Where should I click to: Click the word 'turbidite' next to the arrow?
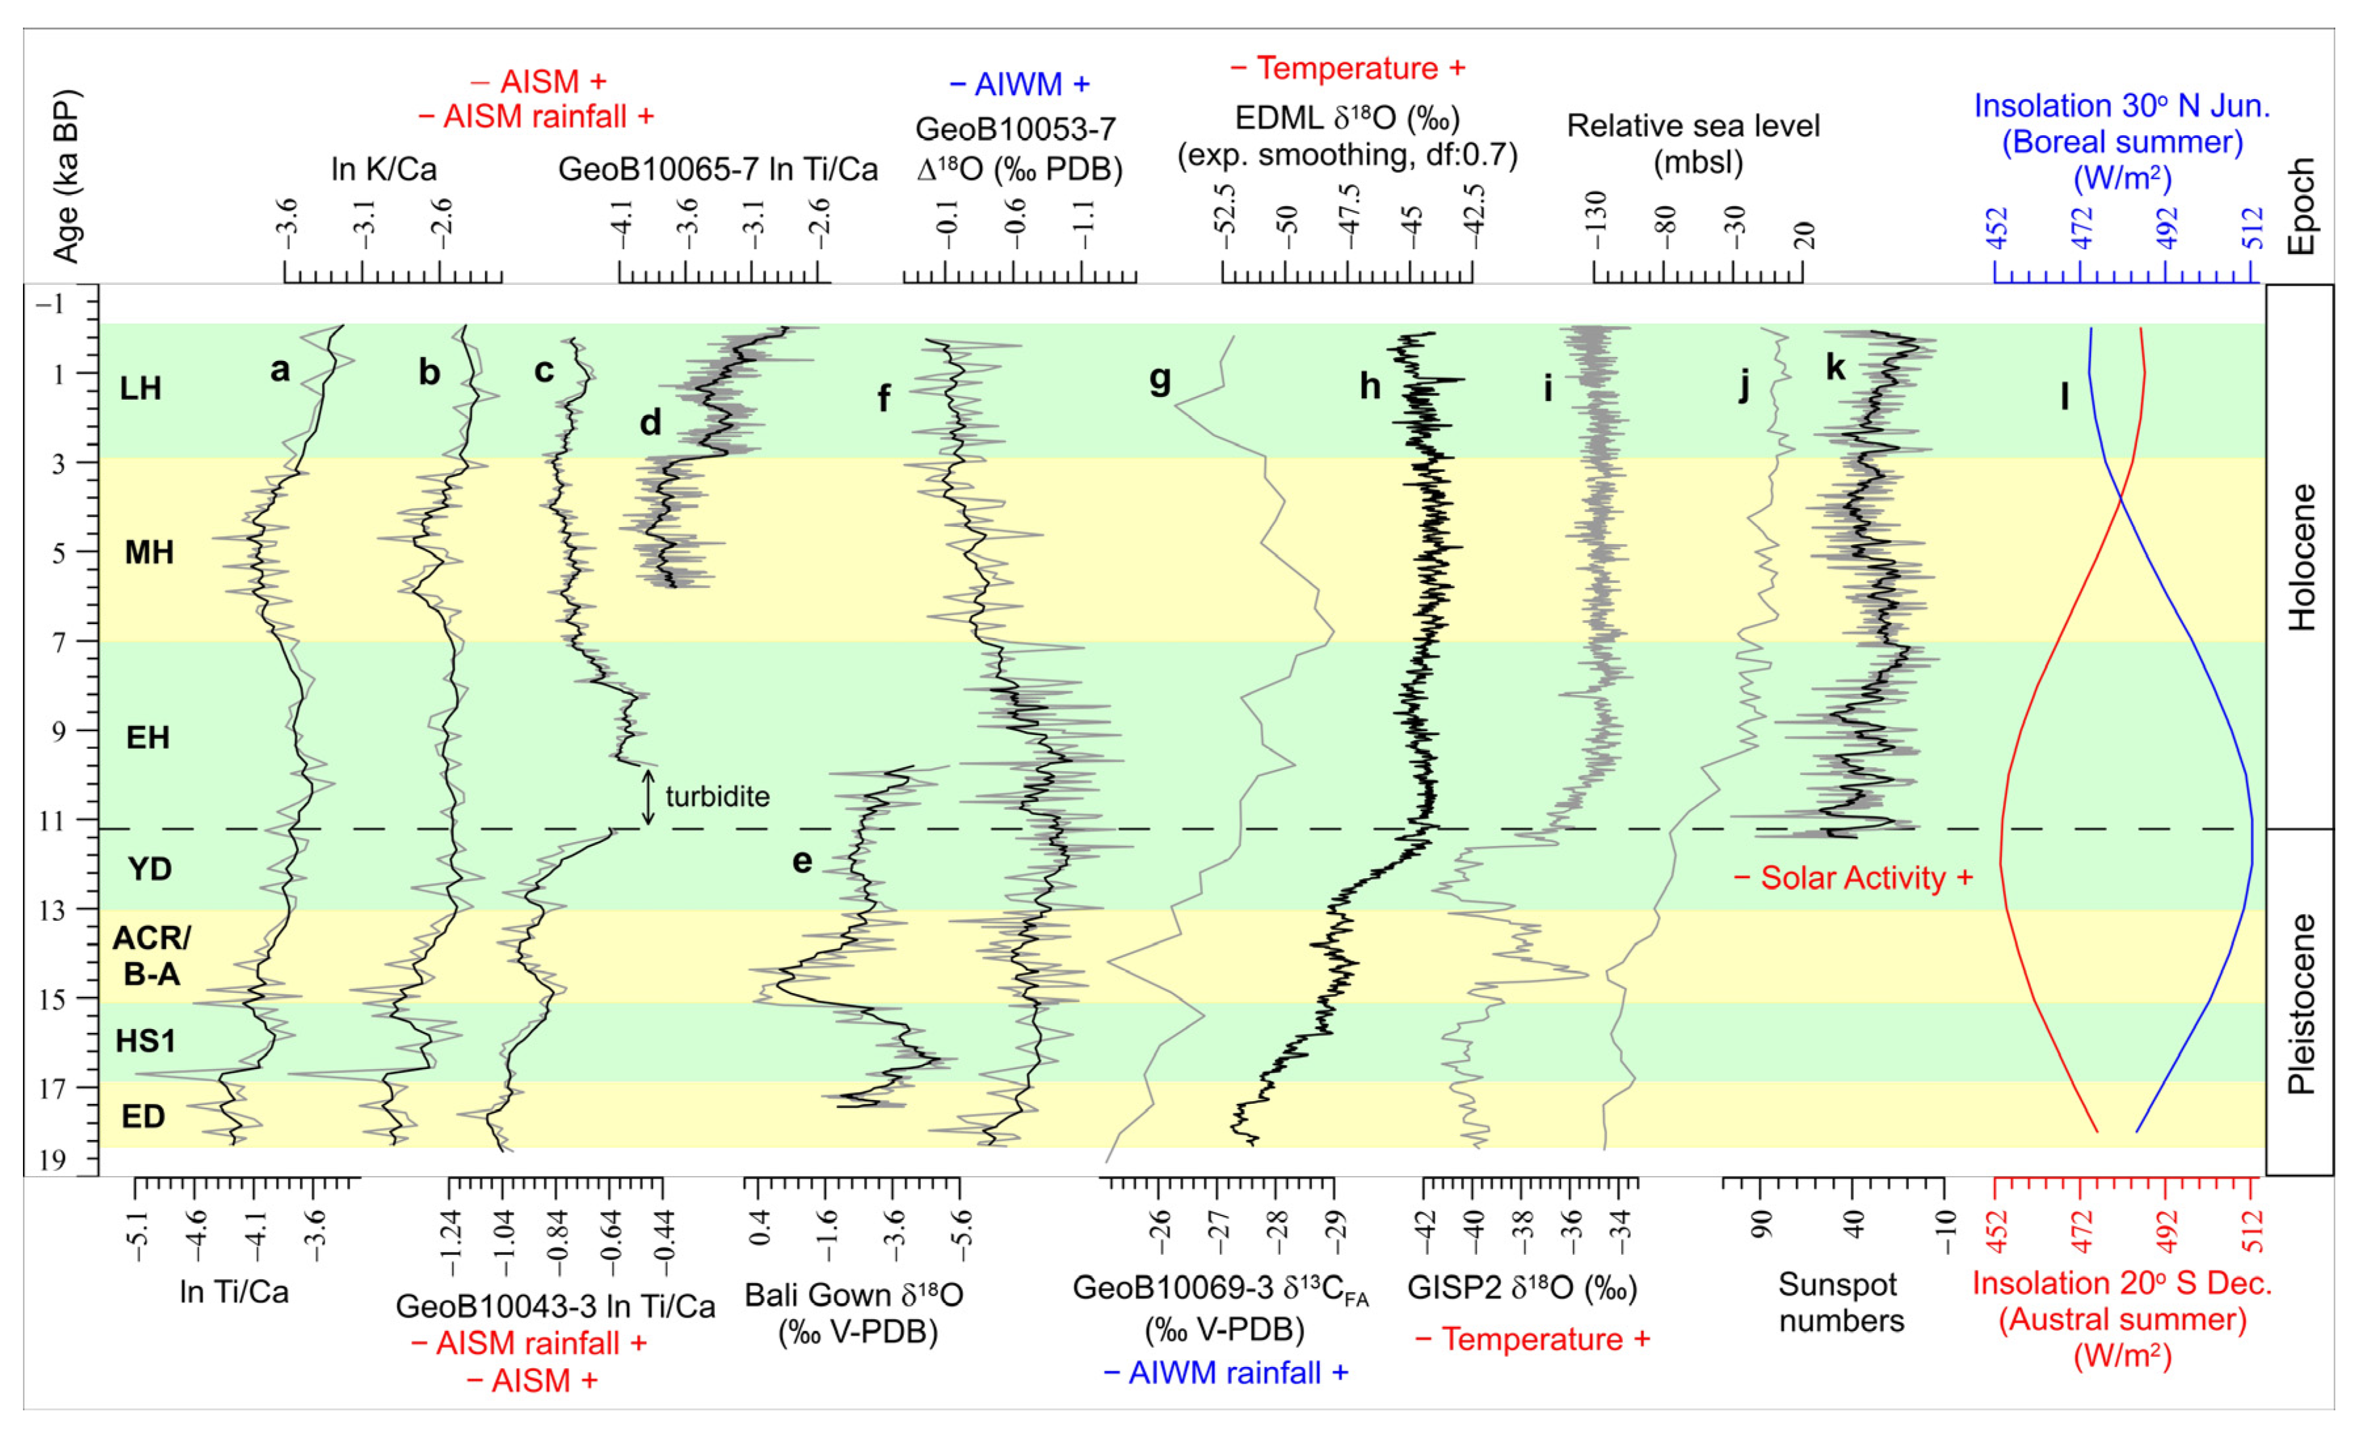tap(717, 796)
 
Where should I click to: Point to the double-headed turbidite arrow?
tap(648, 796)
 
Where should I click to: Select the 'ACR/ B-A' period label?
tap(151, 955)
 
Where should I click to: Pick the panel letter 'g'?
tap(1159, 379)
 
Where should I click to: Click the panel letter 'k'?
tap(1835, 366)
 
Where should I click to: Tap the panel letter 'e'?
tap(802, 861)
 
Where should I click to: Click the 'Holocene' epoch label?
tap(2301, 557)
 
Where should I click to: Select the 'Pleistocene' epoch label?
tap(2301, 1003)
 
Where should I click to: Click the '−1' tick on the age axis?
tap(51, 304)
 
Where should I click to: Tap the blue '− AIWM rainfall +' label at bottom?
tap(1225, 1373)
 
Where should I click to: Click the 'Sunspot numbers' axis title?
tap(1840, 1302)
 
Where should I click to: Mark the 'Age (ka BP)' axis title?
tap(65, 177)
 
